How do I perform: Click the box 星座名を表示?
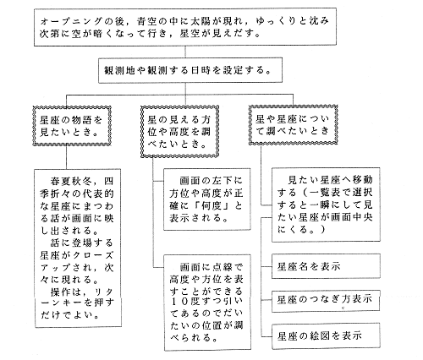tap(326, 266)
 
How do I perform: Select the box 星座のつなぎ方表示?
tap(326, 301)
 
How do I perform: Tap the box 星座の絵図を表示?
tap(326, 336)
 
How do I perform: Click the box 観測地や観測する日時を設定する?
tap(190, 70)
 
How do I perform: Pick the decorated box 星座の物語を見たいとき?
tap(72, 126)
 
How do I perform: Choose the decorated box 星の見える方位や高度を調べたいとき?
tap(180, 132)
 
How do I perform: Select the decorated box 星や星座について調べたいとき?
tap(294, 125)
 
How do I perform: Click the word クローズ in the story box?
tap(93, 255)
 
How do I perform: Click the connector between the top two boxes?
tap(185, 52)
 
